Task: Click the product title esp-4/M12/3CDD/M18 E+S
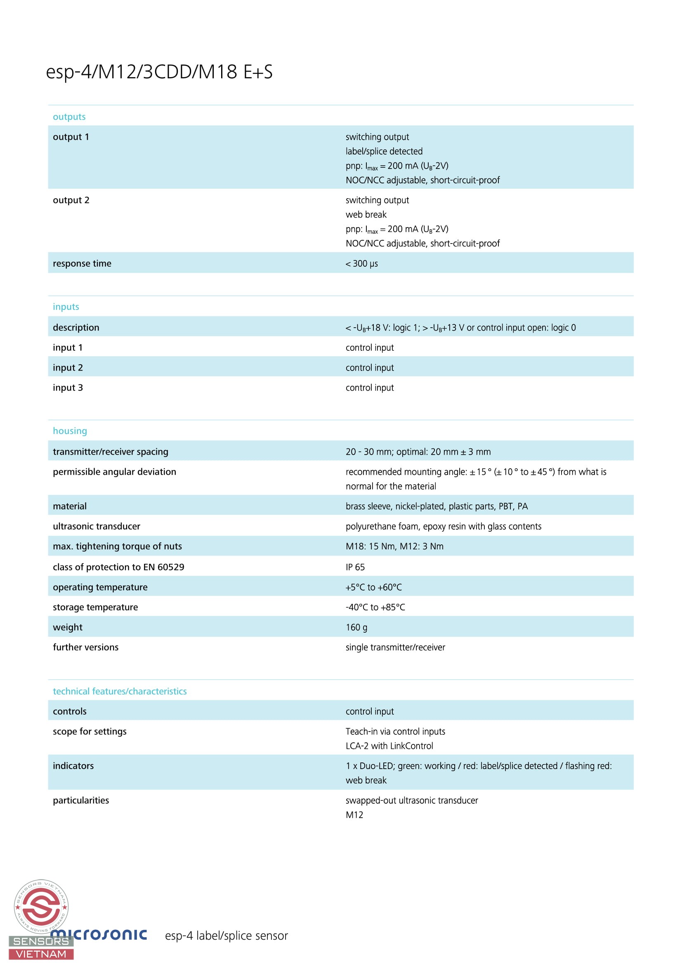click(159, 72)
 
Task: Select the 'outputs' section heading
click(69, 117)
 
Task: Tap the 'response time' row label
click(82, 263)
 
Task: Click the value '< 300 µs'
click(361, 264)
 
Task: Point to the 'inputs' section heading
click(66, 307)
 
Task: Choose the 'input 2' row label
click(68, 367)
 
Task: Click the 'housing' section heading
click(70, 431)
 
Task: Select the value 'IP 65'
click(355, 567)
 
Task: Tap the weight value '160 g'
click(356, 627)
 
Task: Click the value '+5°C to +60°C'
click(373, 587)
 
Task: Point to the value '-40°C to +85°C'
click(375, 607)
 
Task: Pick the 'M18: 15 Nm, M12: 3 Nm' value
click(394, 546)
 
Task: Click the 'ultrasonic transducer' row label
click(97, 526)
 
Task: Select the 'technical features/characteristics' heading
click(120, 691)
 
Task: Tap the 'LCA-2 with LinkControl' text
click(389, 746)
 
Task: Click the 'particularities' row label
click(81, 800)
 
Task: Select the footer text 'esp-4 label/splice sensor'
click(226, 936)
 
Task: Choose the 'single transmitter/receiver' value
click(395, 647)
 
